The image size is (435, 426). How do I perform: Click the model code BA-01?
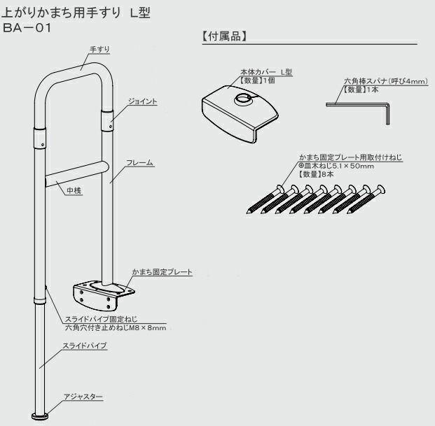27,29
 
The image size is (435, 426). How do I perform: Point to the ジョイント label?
142,101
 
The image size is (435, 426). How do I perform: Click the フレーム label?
140,162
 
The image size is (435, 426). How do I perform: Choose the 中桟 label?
74,190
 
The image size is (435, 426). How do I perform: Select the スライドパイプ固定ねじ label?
95,320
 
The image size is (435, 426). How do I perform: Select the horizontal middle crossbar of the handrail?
73,173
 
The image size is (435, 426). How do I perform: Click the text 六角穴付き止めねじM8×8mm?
116,327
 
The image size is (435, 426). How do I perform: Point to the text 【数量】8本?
315,173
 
